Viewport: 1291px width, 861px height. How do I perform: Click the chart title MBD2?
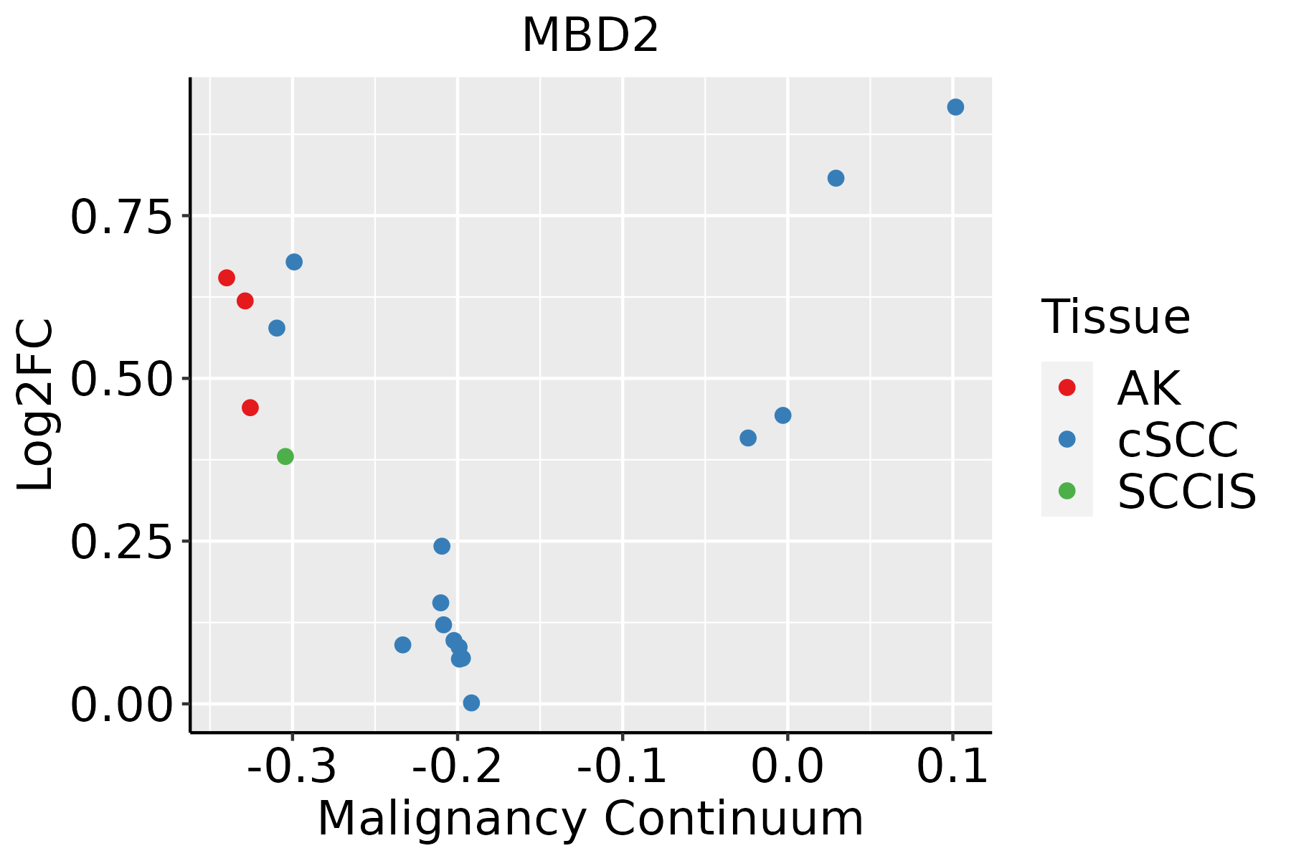click(590, 36)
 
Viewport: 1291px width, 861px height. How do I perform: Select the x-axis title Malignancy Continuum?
click(590, 819)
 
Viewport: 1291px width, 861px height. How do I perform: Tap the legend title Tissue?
click(1115, 316)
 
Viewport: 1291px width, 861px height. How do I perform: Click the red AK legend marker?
click(1067, 387)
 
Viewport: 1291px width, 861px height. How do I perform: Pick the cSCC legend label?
click(1177, 439)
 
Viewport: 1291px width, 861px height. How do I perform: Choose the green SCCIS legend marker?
click(1067, 491)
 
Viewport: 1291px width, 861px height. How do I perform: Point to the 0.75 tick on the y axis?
click(122, 216)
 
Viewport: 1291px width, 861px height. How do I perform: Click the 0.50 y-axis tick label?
click(122, 379)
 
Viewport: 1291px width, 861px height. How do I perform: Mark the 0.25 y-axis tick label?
click(122, 542)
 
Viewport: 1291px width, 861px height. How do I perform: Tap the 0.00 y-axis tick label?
click(122, 705)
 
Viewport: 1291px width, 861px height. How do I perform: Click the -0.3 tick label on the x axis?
click(292, 766)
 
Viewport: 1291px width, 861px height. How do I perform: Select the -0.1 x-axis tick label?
click(622, 766)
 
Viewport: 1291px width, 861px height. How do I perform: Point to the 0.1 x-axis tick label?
click(952, 766)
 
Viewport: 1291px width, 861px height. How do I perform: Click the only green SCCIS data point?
click(285, 456)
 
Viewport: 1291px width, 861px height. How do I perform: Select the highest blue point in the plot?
click(955, 107)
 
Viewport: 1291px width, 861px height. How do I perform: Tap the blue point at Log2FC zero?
click(471, 702)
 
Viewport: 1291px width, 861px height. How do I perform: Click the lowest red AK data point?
click(250, 408)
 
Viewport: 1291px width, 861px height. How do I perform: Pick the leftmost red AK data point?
click(227, 278)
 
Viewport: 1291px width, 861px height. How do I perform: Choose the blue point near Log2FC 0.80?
click(836, 178)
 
